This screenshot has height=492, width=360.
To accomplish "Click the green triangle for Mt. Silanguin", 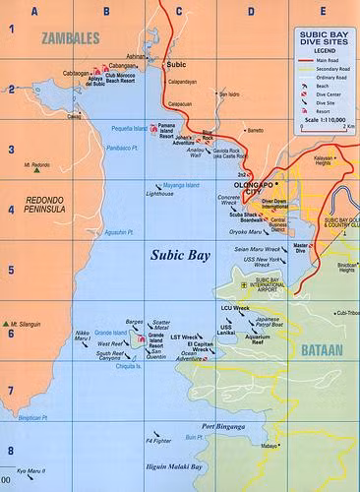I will [8, 321].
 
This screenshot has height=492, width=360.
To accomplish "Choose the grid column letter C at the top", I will [179, 12].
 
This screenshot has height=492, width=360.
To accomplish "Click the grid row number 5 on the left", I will [9, 269].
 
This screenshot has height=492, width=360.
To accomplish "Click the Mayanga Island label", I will [179, 185].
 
